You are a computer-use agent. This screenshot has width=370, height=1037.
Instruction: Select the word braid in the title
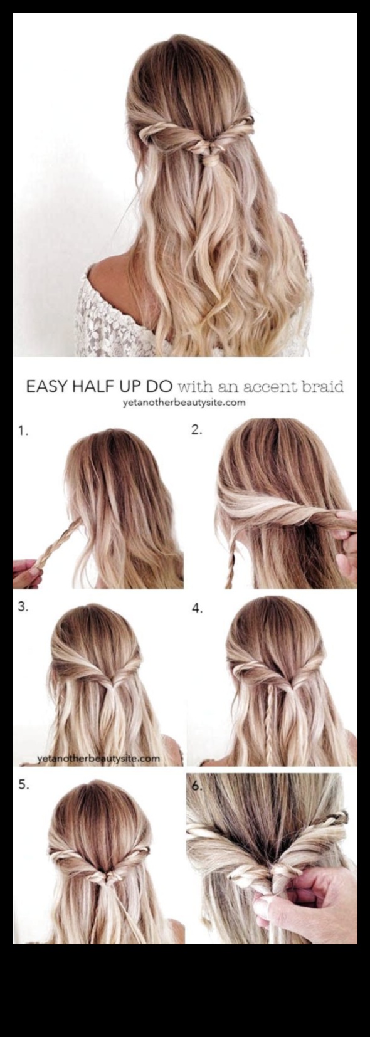point(323,386)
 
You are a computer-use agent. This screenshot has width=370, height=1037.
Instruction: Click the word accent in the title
point(271,387)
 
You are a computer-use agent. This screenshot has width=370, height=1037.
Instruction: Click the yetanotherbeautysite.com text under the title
point(184,403)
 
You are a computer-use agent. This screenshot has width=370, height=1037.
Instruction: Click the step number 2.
point(197,430)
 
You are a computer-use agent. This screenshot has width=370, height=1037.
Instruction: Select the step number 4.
point(198,609)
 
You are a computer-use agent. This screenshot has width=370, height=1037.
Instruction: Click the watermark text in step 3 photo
point(98,758)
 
